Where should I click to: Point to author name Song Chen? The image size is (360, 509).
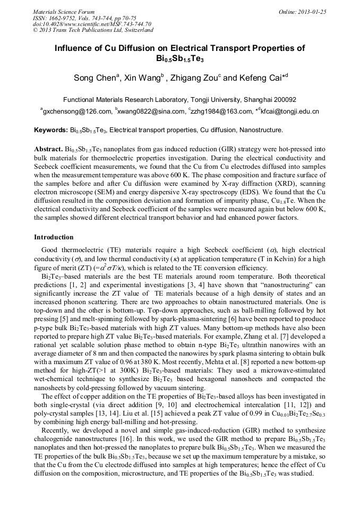click(x=94, y=78)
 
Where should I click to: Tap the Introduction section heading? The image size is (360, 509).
click(x=54, y=237)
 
